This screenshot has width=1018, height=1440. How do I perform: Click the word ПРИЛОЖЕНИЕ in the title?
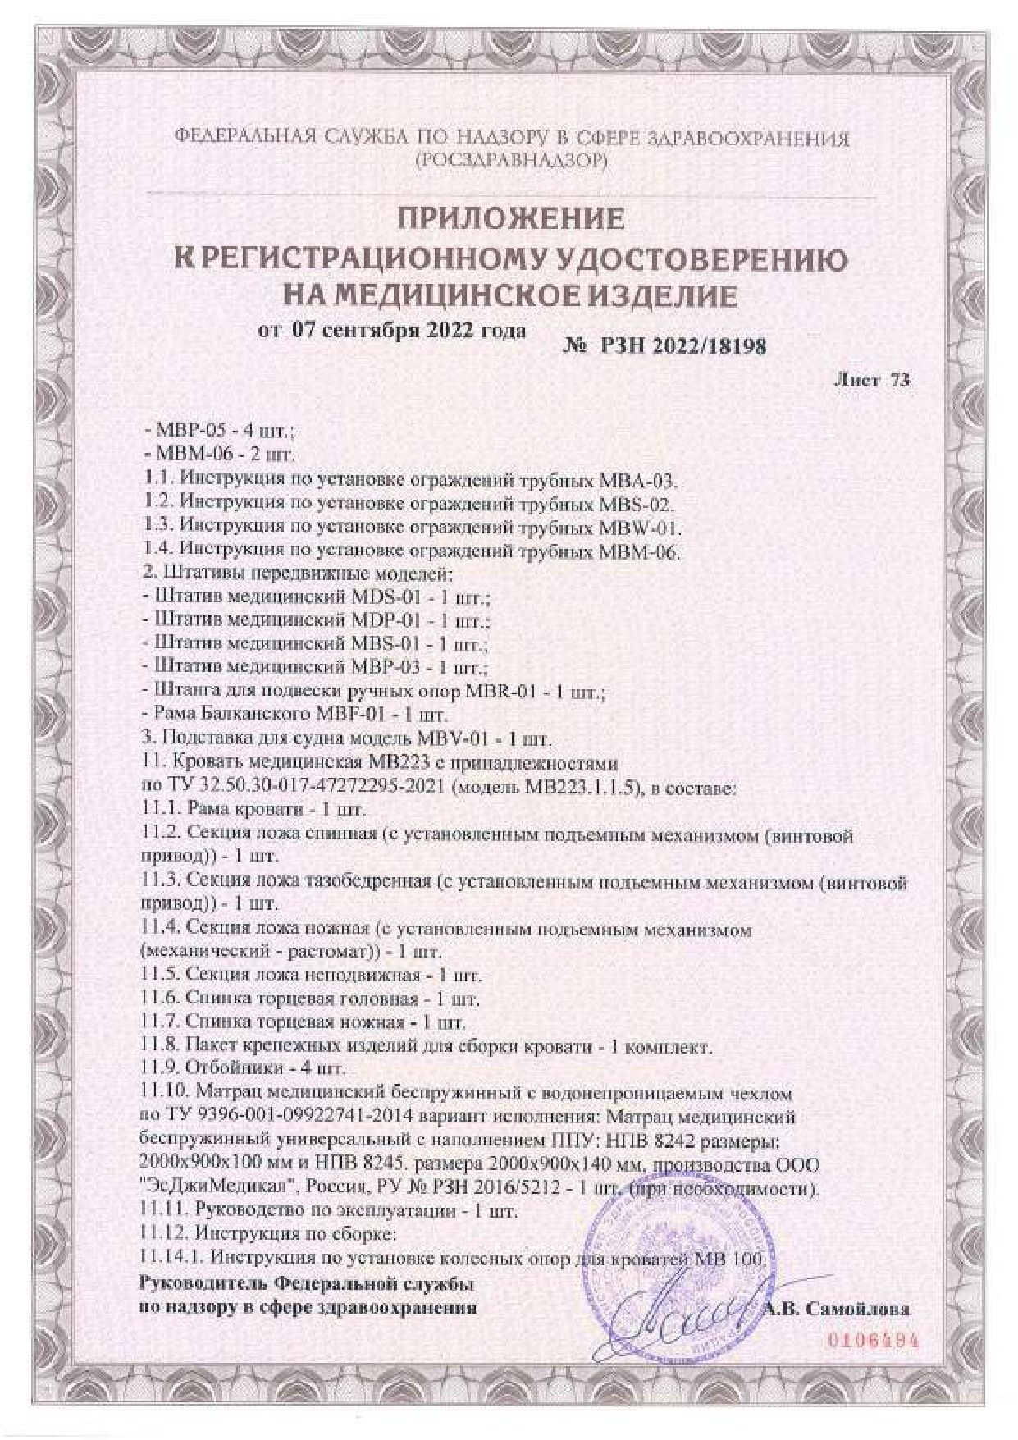pyautogui.click(x=510, y=220)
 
